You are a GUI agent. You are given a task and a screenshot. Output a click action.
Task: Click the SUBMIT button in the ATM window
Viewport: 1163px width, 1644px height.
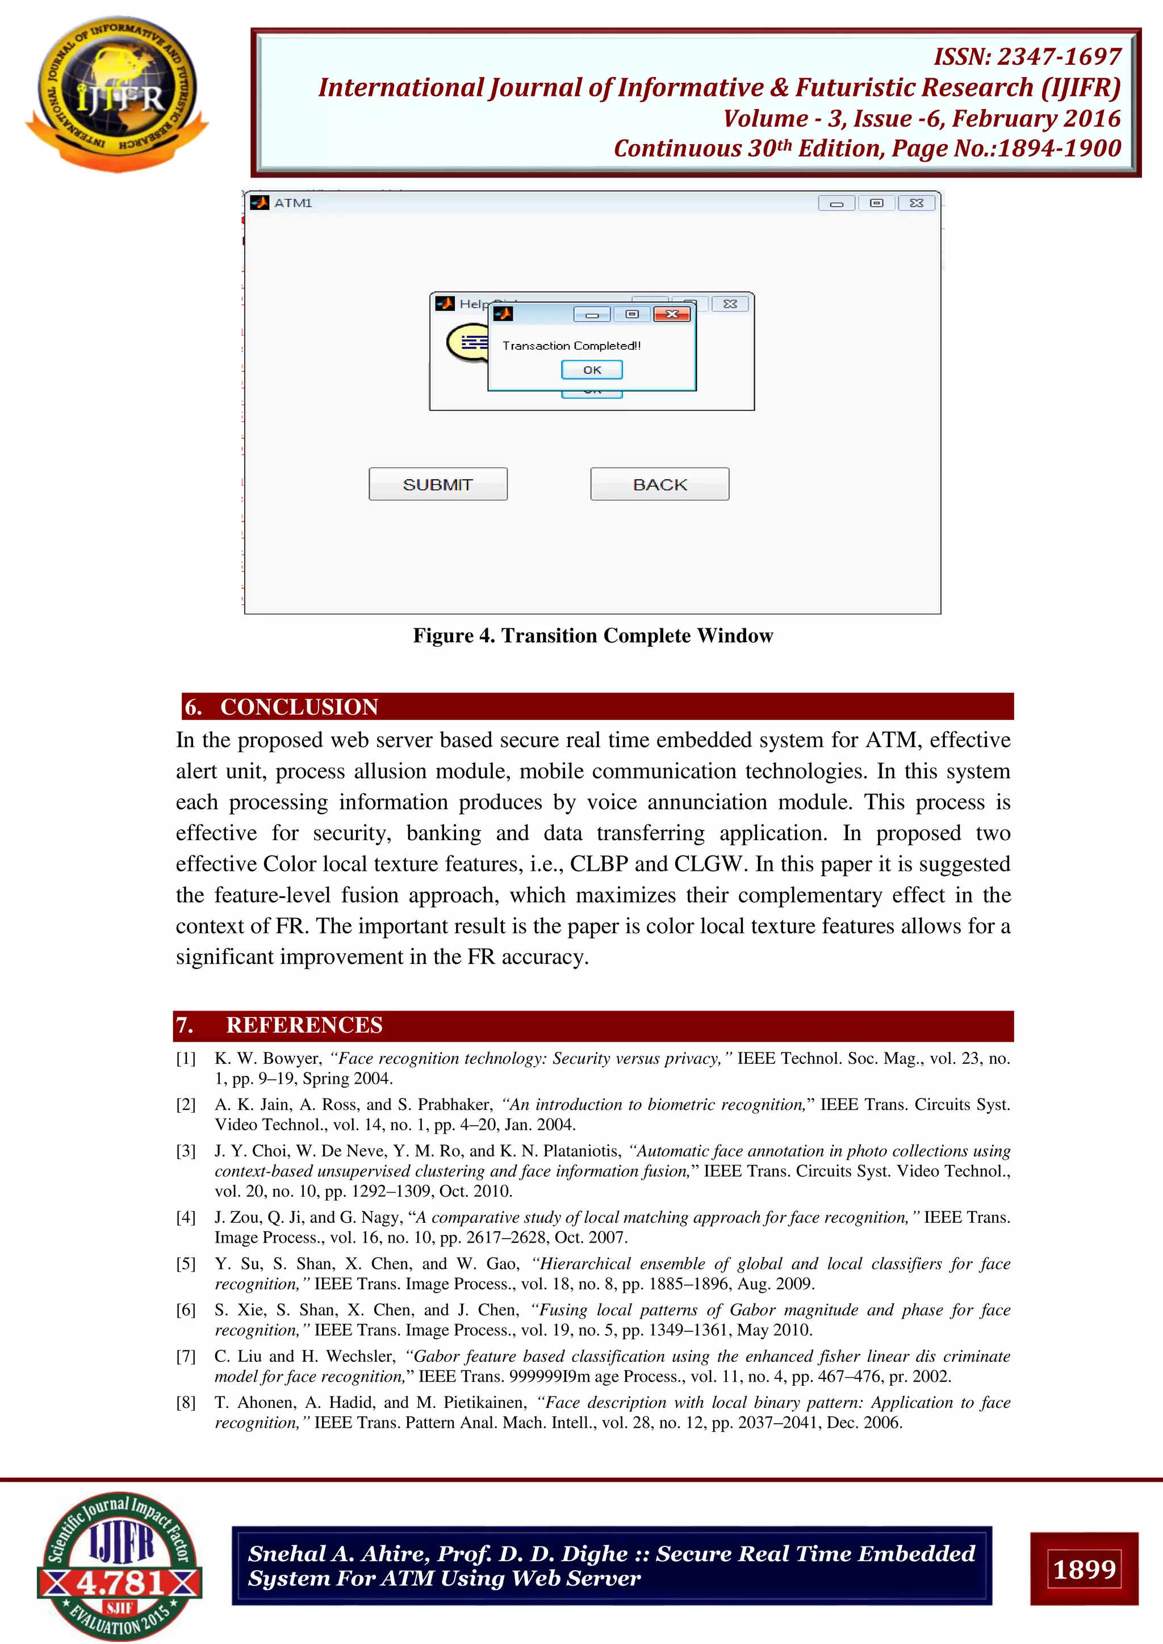(x=438, y=484)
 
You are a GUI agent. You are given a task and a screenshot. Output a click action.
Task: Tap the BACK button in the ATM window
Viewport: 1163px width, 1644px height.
(x=659, y=484)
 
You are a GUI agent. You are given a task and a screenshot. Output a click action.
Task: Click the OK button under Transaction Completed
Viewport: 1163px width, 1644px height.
(x=592, y=370)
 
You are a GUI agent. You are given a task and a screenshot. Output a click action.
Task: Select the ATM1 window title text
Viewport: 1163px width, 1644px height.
(x=293, y=203)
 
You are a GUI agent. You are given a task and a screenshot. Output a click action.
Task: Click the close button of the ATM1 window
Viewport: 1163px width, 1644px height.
(x=916, y=203)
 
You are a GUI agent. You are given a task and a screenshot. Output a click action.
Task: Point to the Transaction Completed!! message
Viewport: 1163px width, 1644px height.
(x=571, y=346)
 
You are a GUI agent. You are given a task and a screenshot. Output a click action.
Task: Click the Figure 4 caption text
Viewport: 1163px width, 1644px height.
(x=592, y=636)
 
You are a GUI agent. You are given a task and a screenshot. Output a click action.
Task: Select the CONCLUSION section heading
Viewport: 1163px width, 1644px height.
(x=299, y=707)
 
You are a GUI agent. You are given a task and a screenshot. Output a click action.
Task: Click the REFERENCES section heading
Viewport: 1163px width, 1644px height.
(x=304, y=1025)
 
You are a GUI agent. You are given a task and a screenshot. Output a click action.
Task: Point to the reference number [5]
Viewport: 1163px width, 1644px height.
(x=186, y=1264)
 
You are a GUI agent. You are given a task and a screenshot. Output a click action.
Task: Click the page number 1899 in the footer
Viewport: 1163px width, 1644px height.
(x=1083, y=1569)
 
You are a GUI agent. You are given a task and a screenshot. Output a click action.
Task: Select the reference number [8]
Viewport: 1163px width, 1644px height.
(x=186, y=1403)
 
